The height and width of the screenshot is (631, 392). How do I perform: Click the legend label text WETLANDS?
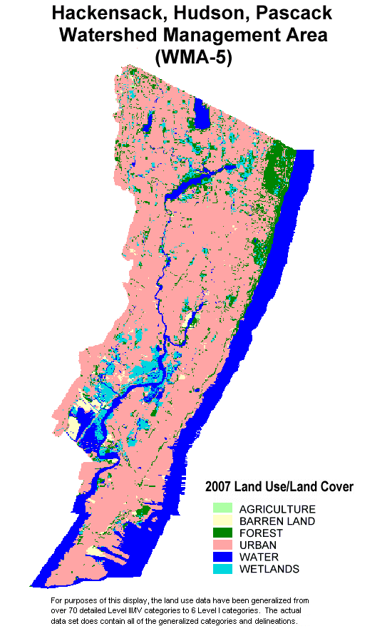tap(269, 569)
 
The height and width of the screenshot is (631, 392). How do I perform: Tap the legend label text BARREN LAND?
tap(277, 521)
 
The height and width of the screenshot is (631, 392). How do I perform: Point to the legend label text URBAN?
tap(258, 545)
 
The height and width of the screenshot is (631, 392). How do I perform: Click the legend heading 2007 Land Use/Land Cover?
tap(279, 487)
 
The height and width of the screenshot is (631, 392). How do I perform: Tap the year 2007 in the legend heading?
tap(219, 487)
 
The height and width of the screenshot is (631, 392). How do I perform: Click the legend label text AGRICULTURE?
tap(277, 509)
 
